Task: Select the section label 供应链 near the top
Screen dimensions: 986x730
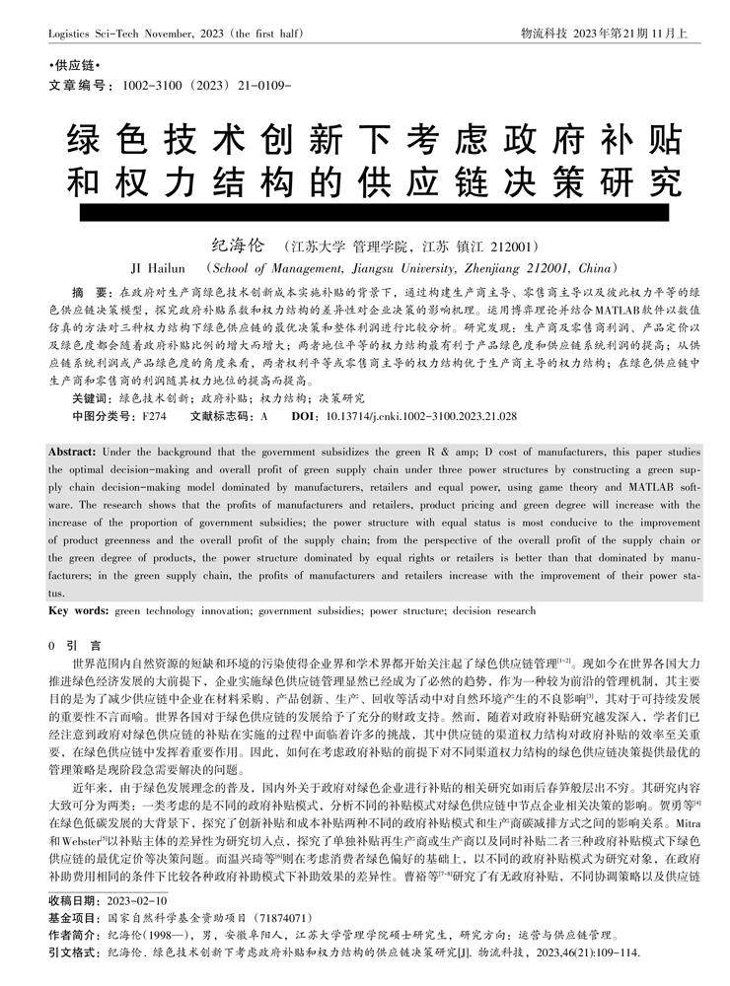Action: pos(69,65)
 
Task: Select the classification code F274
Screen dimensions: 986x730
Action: pos(153,417)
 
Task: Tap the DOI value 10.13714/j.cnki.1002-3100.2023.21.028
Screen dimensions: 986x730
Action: pos(421,417)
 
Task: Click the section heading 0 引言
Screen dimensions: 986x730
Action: pos(69,645)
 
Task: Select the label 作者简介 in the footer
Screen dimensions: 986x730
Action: pos(73,934)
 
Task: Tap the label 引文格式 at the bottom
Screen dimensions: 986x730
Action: pos(73,952)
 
